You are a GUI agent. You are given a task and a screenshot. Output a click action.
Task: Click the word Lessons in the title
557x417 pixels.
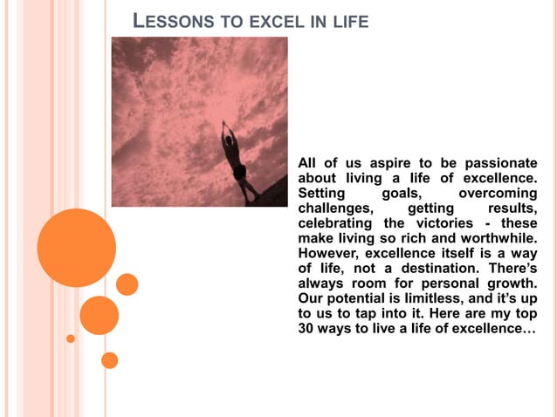click(x=172, y=20)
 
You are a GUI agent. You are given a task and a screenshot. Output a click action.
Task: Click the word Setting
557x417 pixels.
click(x=322, y=193)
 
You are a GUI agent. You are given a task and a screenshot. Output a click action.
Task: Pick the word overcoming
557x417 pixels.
click(x=498, y=193)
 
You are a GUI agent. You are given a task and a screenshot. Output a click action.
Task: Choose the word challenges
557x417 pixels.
click(x=335, y=208)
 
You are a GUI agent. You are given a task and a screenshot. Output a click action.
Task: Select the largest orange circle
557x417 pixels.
click(x=77, y=248)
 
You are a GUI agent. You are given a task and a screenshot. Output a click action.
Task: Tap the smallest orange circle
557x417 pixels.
click(x=71, y=338)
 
